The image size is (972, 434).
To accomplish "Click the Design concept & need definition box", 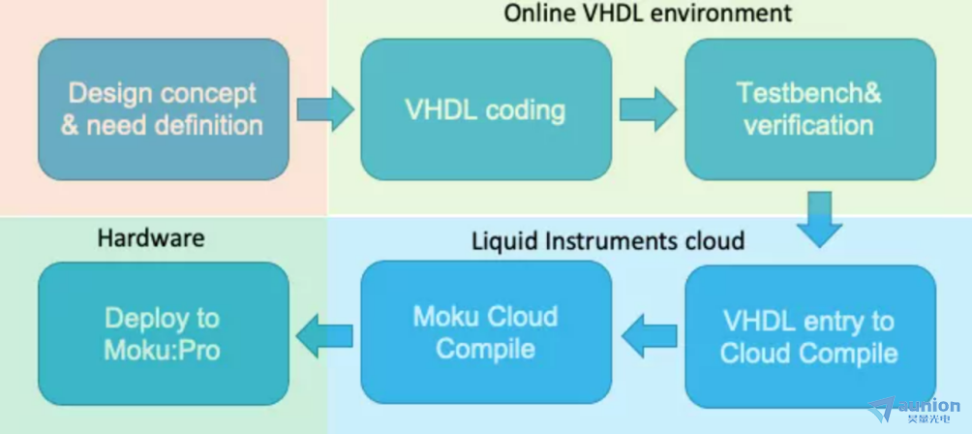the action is point(164,109).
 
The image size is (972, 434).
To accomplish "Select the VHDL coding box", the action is point(486,109).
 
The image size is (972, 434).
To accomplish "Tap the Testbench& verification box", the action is point(810,109).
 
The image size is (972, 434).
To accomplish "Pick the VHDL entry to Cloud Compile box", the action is point(810,337).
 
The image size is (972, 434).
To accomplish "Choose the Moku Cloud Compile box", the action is point(486,332).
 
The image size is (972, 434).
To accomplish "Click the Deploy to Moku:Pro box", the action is point(164,333).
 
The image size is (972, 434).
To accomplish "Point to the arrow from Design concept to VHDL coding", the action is point(325,109).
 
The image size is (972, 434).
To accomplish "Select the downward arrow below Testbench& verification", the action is point(819,220).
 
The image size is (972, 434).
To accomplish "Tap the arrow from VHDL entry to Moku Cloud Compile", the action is point(649,336).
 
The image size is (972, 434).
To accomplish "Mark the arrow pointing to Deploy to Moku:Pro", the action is point(324,336).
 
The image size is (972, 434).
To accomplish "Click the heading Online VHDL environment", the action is point(648,13).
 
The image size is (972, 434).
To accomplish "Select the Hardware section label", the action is point(151,237).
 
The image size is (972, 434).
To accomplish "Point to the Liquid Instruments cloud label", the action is point(608,240).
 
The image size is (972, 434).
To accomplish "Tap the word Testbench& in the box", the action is point(809,93).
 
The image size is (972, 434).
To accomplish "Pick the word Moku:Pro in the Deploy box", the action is point(162,351).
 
